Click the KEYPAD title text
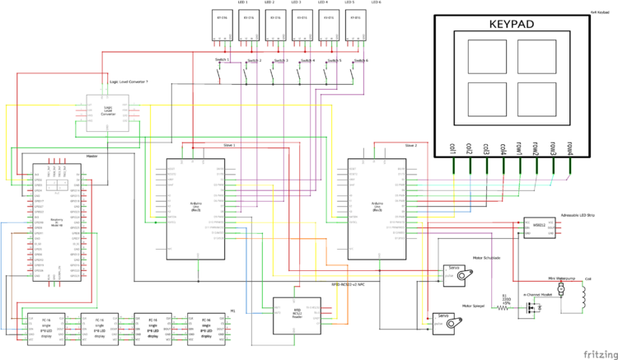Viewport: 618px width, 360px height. click(x=512, y=25)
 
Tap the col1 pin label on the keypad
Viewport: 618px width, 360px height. click(x=453, y=147)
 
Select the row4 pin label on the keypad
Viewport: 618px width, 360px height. click(x=569, y=147)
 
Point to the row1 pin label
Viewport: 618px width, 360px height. click(x=519, y=147)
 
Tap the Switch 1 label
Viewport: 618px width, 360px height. click(x=218, y=60)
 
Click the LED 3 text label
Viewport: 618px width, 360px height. click(x=296, y=2)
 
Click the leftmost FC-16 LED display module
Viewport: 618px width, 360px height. click(x=44, y=328)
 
